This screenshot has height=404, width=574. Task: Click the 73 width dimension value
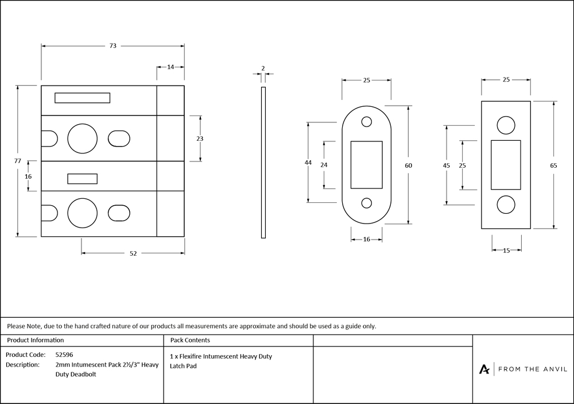pyautogui.click(x=113, y=46)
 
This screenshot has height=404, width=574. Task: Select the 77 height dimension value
pyautogui.click(x=18, y=160)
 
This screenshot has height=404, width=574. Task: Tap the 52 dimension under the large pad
pyautogui.click(x=133, y=253)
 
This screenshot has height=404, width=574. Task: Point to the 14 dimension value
pyautogui.click(x=170, y=67)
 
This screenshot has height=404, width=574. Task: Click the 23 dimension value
pyautogui.click(x=200, y=138)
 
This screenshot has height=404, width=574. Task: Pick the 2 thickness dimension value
pyautogui.click(x=263, y=68)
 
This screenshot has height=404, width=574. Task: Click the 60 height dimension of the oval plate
pyautogui.click(x=409, y=166)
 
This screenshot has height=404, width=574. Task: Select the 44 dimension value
pyautogui.click(x=308, y=163)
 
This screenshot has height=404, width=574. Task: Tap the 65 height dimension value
pyautogui.click(x=553, y=166)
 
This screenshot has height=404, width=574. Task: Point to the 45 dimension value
pyautogui.click(x=446, y=166)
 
